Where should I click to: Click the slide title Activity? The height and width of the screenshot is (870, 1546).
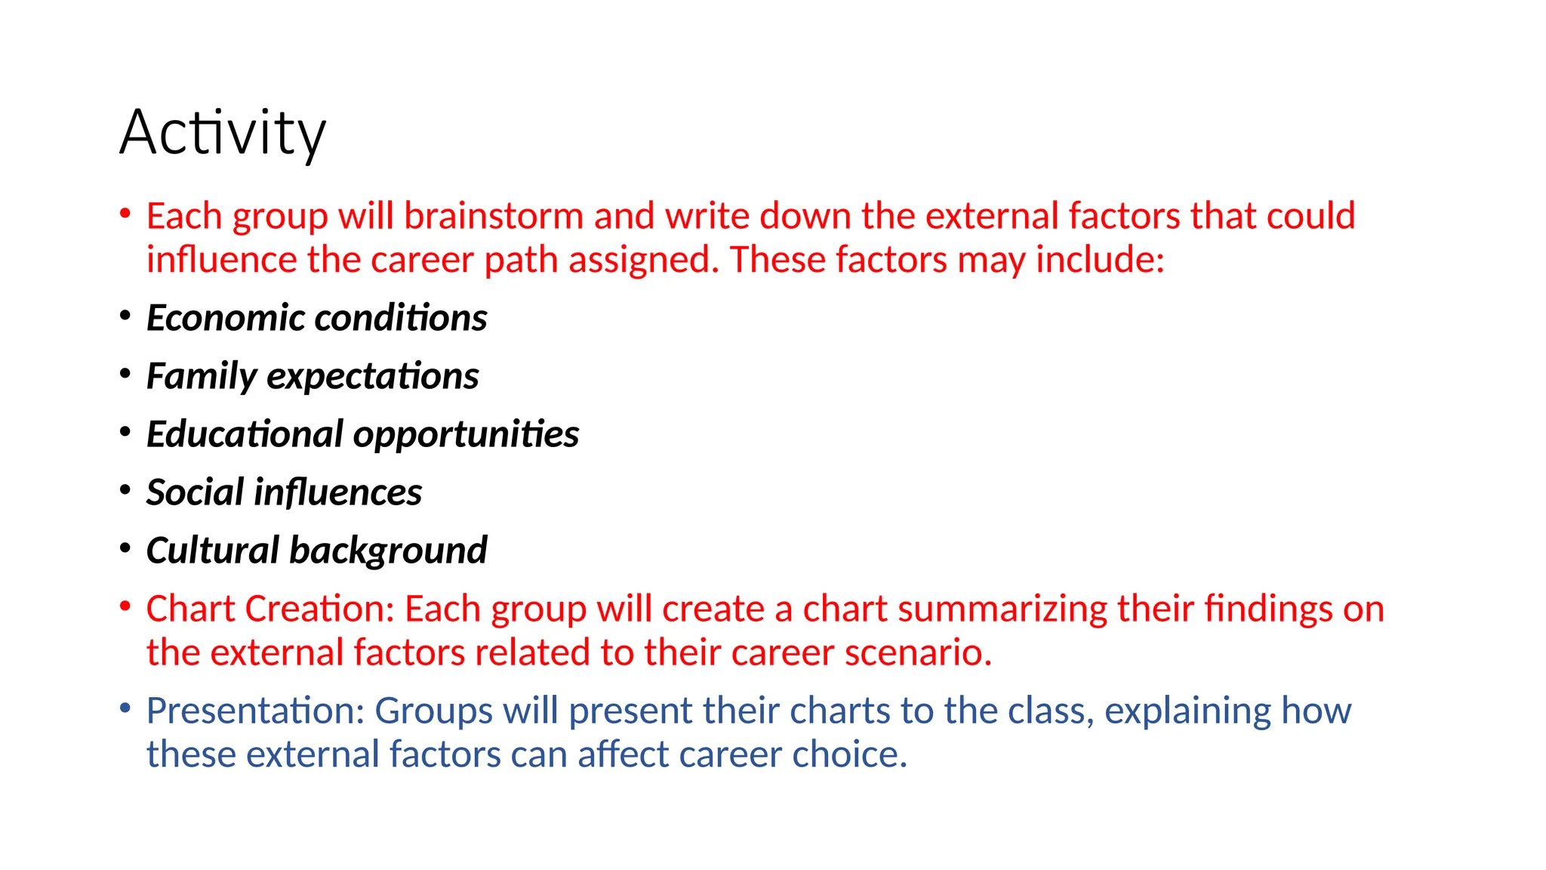(x=223, y=134)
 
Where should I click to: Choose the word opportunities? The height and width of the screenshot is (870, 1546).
(x=466, y=435)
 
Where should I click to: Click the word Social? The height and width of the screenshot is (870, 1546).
(x=195, y=492)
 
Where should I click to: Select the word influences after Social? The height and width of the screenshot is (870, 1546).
(x=337, y=492)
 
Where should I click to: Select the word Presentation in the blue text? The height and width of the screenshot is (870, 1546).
(x=256, y=711)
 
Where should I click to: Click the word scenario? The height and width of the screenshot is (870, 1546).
(x=918, y=653)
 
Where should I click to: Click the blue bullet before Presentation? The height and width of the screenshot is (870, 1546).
(x=125, y=709)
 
